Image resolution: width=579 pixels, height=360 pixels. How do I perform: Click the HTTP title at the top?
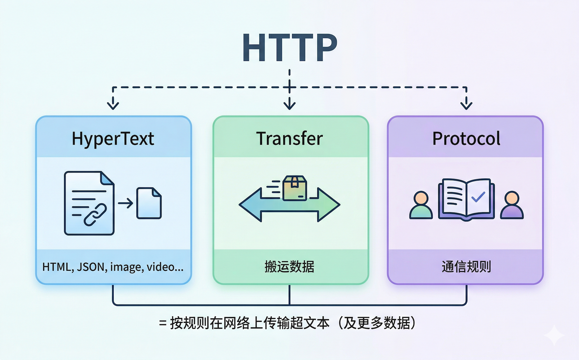pyautogui.click(x=289, y=48)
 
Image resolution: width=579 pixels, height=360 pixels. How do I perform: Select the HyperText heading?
pyautogui.click(x=113, y=138)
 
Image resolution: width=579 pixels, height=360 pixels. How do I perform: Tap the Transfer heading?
pyautogui.click(x=289, y=138)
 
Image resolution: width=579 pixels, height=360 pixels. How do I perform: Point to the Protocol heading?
pyautogui.click(x=466, y=138)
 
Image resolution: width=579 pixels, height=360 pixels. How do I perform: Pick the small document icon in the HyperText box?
pyautogui.click(x=149, y=203)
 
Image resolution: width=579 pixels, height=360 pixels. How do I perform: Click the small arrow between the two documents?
pyautogui.click(x=125, y=203)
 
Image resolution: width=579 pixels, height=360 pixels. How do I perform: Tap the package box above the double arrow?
pyautogui.click(x=295, y=188)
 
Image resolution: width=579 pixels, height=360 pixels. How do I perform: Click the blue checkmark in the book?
pyautogui.click(x=478, y=197)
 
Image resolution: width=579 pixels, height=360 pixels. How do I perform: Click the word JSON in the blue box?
pyautogui.click(x=92, y=267)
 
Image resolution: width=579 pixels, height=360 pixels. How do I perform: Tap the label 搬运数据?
pyautogui.click(x=289, y=267)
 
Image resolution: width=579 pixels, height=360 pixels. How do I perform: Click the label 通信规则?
pyautogui.click(x=466, y=267)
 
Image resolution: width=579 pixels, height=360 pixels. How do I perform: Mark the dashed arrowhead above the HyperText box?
pyautogui.click(x=113, y=105)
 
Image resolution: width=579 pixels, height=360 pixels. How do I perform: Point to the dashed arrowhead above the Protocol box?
pyautogui.click(x=466, y=105)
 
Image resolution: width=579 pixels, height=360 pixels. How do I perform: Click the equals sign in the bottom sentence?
pyautogui.click(x=163, y=324)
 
